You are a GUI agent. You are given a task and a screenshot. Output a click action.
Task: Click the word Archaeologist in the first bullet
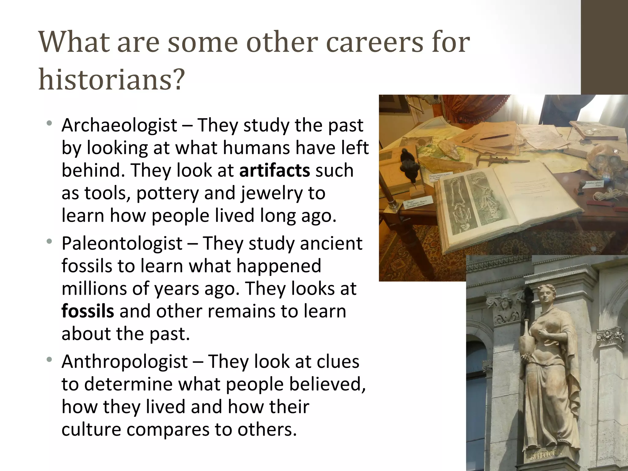[119, 125]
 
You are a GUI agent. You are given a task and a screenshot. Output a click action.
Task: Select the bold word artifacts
[274, 170]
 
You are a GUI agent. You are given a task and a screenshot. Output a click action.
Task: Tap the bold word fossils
[88, 311]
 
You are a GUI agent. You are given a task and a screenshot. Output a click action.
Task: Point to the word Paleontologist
[122, 243]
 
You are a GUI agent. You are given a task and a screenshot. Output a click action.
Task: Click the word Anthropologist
[124, 362]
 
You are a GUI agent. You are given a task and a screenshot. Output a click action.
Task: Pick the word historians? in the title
[112, 79]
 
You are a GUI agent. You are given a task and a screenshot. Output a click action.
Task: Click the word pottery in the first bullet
[168, 193]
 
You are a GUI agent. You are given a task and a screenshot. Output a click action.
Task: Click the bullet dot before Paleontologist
[49, 242]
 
